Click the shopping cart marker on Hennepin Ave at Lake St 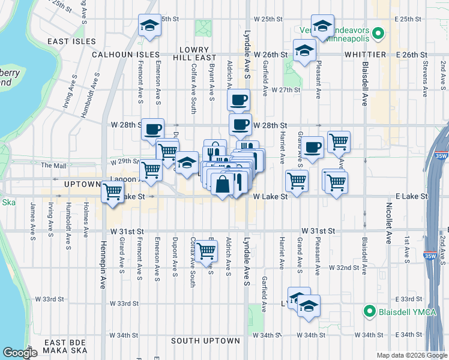(x=112, y=191)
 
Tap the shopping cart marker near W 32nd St (x=206, y=251)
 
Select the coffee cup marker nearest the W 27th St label (x=239, y=99)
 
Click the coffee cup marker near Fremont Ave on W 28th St (x=152, y=127)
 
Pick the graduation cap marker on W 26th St (x=304, y=50)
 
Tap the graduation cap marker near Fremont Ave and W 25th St (x=149, y=26)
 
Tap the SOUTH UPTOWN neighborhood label (x=205, y=341)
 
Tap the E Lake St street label (x=411, y=196)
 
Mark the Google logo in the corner (x=20, y=353)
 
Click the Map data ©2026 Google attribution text (x=411, y=355)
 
